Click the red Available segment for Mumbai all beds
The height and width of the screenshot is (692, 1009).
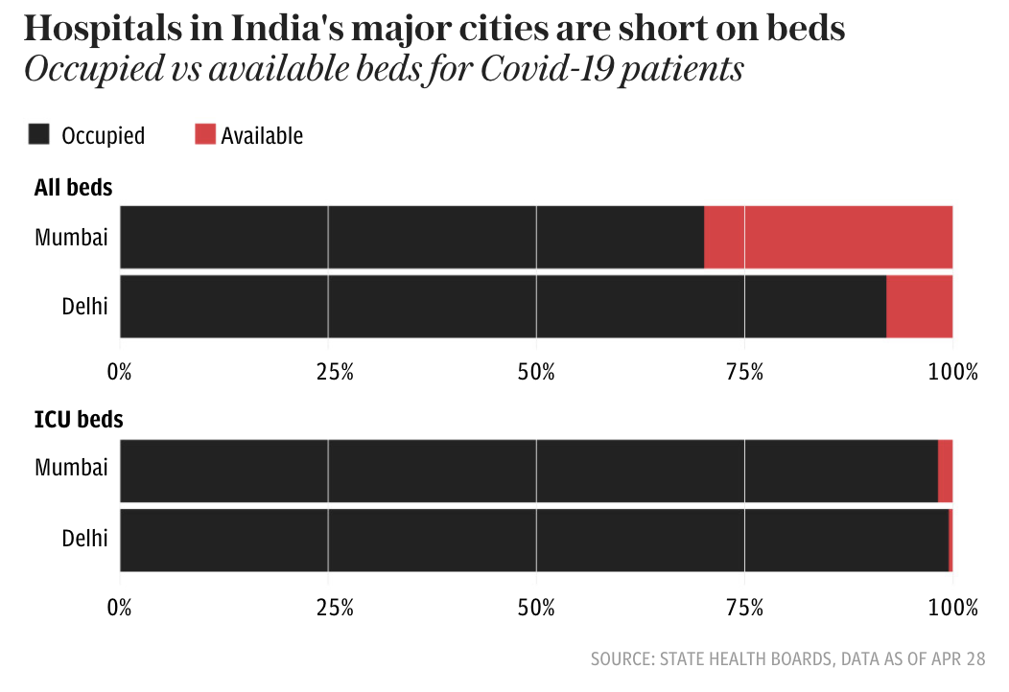(828, 237)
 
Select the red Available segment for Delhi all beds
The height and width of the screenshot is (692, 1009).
(919, 307)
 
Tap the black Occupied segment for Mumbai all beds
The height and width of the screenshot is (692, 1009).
(412, 237)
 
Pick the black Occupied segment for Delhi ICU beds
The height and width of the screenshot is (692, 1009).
(533, 541)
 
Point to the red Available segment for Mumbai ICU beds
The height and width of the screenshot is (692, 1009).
(945, 471)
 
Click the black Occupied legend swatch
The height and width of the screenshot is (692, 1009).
(38, 135)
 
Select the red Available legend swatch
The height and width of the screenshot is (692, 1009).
(205, 135)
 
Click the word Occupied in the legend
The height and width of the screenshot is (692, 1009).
(103, 136)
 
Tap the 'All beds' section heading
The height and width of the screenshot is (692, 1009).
(73, 188)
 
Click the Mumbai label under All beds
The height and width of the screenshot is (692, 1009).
(71, 238)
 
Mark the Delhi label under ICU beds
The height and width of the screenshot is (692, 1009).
(84, 539)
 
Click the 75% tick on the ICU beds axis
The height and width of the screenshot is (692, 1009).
(744, 606)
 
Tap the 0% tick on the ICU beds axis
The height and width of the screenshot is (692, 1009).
(119, 606)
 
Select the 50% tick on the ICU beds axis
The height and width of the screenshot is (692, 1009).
(536, 606)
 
